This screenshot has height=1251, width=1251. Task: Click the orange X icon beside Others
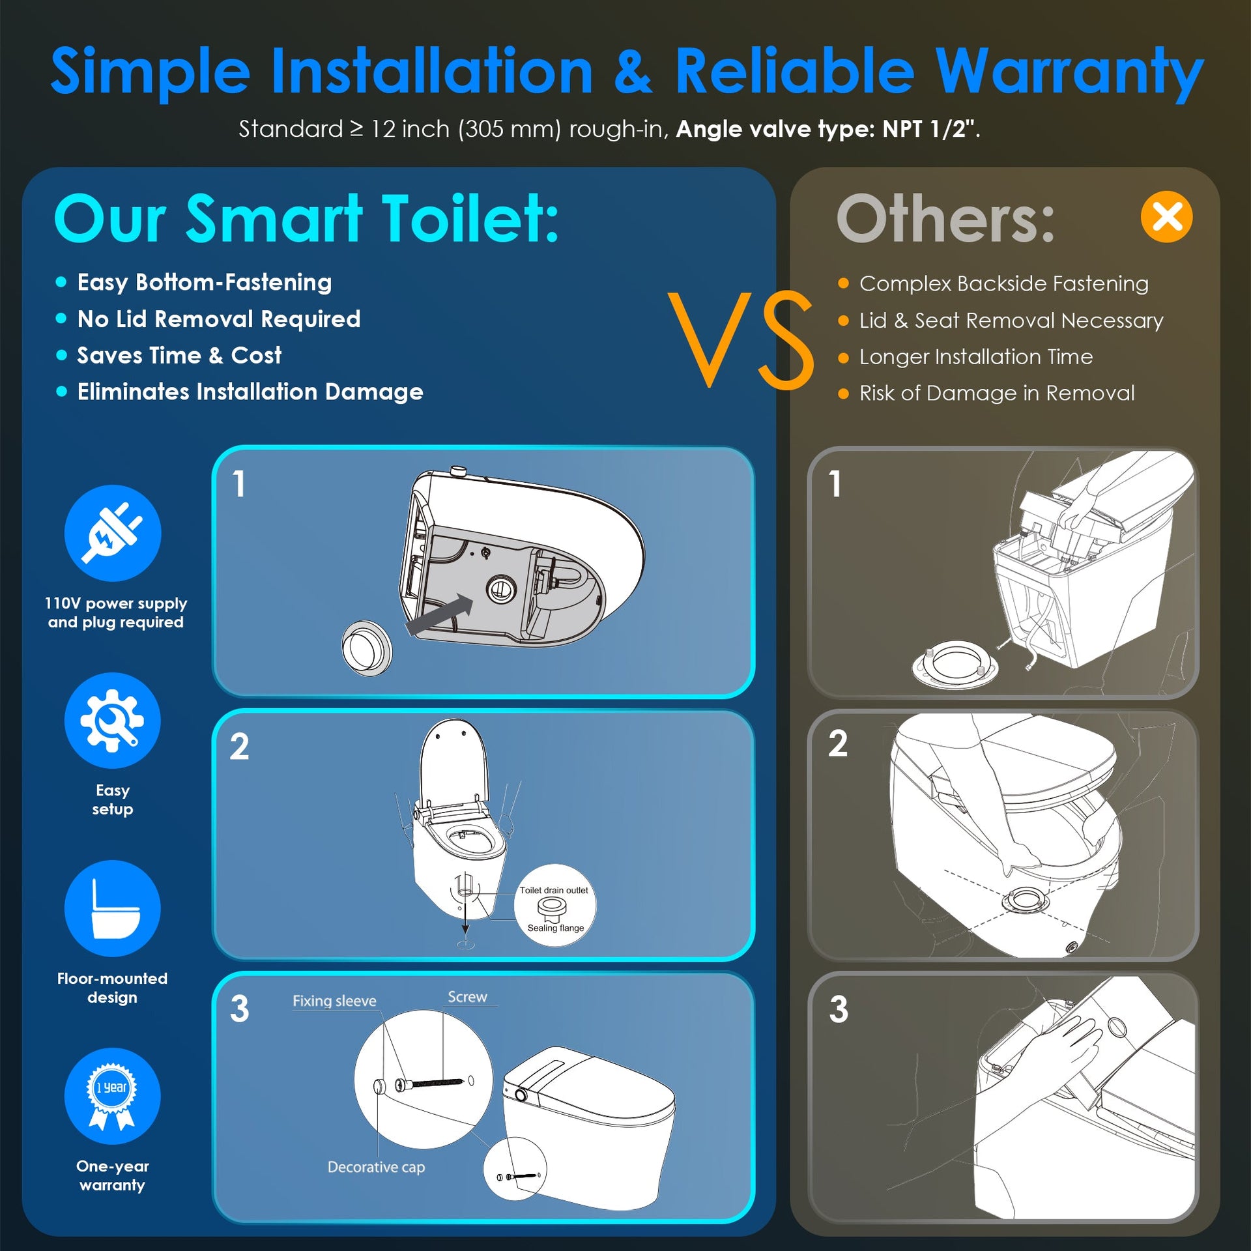coord(1166,217)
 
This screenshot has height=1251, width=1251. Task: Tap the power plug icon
coord(113,533)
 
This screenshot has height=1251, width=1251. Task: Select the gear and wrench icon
coord(113,721)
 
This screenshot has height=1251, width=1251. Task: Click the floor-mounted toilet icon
coord(113,908)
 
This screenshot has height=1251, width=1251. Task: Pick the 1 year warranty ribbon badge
coord(113,1097)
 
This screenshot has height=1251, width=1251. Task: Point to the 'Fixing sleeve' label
coord(334,1001)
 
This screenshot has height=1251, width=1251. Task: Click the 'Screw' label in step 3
coord(467,997)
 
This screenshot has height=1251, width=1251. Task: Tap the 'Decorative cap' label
coord(376,1167)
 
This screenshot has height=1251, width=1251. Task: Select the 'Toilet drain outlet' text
coord(554,890)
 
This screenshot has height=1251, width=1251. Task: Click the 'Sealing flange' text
coord(556,928)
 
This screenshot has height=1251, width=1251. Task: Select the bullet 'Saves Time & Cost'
coord(179,355)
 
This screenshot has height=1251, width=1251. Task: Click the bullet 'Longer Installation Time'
coord(976,356)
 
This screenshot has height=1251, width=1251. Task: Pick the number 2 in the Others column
coord(838,743)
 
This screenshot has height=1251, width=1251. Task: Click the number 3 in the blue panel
coord(239,1009)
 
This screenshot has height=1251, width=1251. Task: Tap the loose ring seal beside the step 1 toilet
coord(367,648)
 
